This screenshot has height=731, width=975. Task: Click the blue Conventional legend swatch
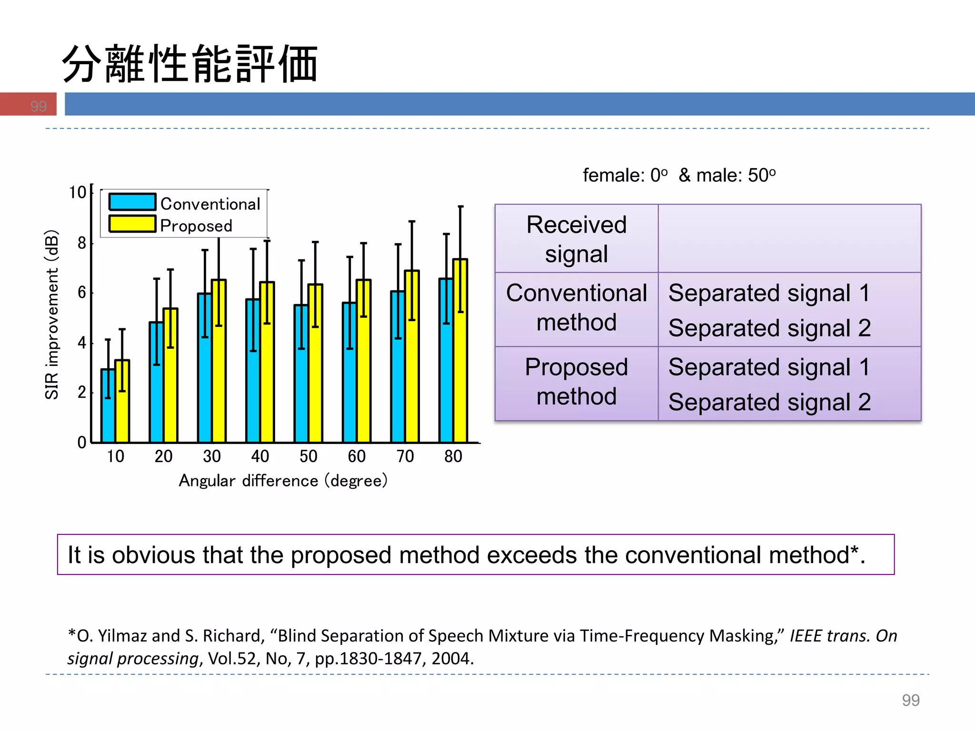tap(132, 202)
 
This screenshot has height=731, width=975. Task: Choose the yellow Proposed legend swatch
tap(132, 224)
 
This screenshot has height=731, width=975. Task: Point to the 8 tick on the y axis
tap(82, 243)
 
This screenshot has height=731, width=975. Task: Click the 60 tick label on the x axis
tap(357, 456)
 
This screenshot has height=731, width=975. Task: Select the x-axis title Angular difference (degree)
tap(283, 481)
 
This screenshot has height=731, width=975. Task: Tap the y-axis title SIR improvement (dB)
tap(51, 315)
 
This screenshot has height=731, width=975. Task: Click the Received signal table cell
tap(576, 239)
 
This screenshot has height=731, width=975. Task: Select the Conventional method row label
tap(576, 307)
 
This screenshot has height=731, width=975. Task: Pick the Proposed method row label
tap(576, 382)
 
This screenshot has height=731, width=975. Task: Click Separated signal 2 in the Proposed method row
tap(769, 402)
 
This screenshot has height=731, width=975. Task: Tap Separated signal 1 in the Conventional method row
tap(769, 293)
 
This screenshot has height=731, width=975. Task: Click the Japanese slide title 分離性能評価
tap(190, 64)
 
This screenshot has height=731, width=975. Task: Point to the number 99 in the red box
tap(38, 106)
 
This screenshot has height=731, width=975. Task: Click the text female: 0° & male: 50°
tap(679, 176)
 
